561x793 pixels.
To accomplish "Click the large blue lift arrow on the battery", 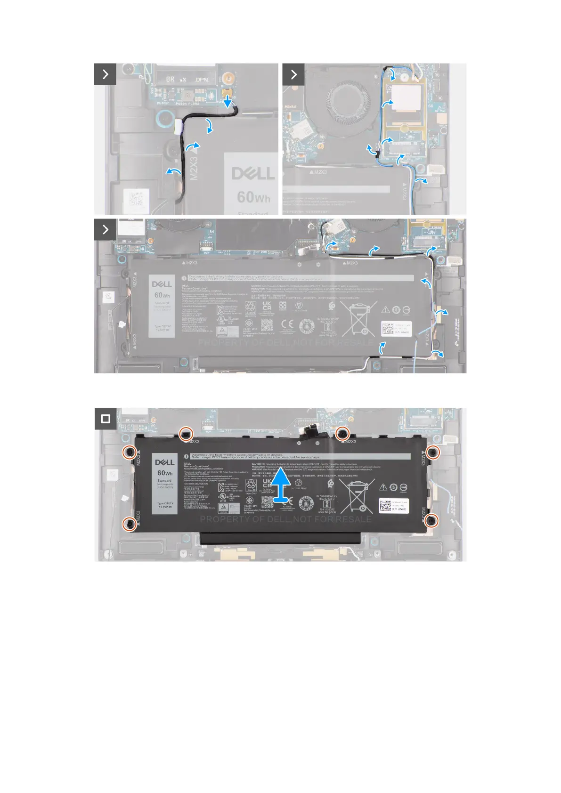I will pyautogui.click(x=282, y=485).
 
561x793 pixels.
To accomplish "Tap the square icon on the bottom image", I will pyautogui.click(x=106, y=419).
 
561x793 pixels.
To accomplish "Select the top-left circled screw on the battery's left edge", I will pyautogui.click(x=130, y=453).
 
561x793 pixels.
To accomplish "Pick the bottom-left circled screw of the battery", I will pyautogui.click(x=130, y=524).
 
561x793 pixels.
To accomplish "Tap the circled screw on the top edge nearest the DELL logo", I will pyautogui.click(x=187, y=434).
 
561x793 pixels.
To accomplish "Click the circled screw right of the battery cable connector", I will pyautogui.click(x=342, y=434).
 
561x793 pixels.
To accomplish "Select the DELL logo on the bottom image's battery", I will pyautogui.click(x=165, y=462).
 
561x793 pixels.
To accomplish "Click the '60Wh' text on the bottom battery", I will pyautogui.click(x=165, y=473).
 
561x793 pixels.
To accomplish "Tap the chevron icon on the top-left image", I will pyautogui.click(x=105, y=74).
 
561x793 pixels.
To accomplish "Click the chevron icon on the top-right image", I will pyautogui.click(x=293, y=74).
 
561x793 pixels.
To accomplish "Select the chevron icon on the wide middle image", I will pyautogui.click(x=105, y=229).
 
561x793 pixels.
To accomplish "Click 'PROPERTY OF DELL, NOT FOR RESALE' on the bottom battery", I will pyautogui.click(x=286, y=519).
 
